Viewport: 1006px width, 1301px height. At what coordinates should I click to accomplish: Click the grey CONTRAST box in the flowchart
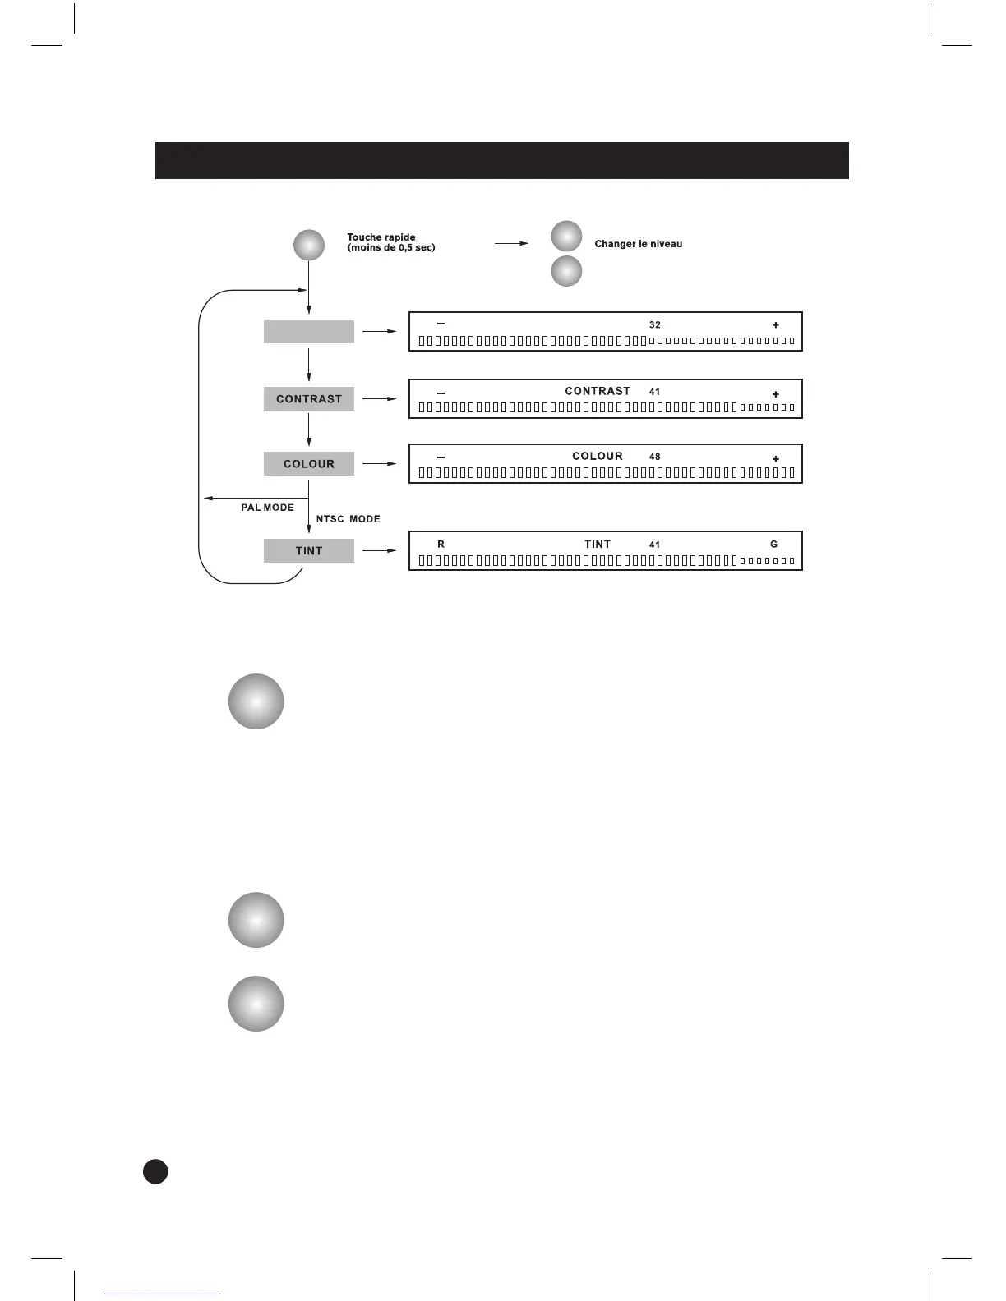(x=308, y=399)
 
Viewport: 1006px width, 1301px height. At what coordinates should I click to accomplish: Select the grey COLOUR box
(x=308, y=464)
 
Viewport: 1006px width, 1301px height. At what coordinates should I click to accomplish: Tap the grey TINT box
(x=308, y=551)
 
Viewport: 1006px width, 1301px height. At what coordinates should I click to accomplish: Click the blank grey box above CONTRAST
(x=308, y=332)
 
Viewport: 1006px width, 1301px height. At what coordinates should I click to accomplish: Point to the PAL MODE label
(x=267, y=508)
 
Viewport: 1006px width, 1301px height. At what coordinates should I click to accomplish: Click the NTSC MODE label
(x=348, y=519)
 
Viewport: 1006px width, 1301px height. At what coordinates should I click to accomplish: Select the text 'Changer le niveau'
(x=638, y=244)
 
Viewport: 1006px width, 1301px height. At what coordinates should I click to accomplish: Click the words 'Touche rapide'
(x=381, y=237)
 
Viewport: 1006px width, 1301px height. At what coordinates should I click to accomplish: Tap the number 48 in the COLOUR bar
(x=654, y=457)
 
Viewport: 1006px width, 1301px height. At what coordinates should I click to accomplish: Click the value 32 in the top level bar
(x=654, y=325)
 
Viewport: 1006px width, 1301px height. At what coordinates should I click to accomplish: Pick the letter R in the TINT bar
(x=441, y=545)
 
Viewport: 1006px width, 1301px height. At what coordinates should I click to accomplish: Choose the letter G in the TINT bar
(x=773, y=545)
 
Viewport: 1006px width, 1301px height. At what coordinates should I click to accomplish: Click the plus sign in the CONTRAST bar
(x=775, y=394)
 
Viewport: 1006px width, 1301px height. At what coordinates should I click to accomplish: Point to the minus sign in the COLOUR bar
(x=441, y=457)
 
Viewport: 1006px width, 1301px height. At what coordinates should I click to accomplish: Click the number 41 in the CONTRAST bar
(x=654, y=392)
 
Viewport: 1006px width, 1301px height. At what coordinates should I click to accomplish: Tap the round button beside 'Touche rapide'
(x=308, y=246)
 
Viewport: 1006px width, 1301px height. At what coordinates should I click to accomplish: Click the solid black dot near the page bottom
(x=155, y=1171)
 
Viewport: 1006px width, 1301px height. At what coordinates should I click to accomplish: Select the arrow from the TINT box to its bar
(x=380, y=551)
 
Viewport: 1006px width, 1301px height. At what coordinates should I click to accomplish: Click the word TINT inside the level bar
(x=598, y=545)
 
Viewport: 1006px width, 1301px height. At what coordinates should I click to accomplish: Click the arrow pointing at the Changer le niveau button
(x=511, y=244)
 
